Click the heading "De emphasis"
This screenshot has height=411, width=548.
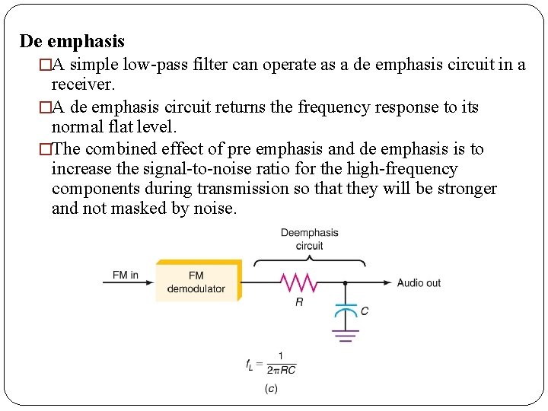(72, 41)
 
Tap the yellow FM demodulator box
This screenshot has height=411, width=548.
(197, 282)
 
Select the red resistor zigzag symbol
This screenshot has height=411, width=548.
(299, 283)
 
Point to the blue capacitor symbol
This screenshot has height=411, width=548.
(346, 310)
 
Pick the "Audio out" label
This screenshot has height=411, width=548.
(419, 283)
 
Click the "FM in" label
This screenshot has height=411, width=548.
(125, 275)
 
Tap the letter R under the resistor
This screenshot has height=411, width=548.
(299, 302)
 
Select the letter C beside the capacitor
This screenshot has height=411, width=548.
(365, 311)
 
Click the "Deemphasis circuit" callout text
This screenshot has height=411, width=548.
(309, 239)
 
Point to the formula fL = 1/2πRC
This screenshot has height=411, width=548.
(271, 364)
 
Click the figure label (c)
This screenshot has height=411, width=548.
(271, 389)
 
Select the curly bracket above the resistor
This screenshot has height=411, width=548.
(309, 261)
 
